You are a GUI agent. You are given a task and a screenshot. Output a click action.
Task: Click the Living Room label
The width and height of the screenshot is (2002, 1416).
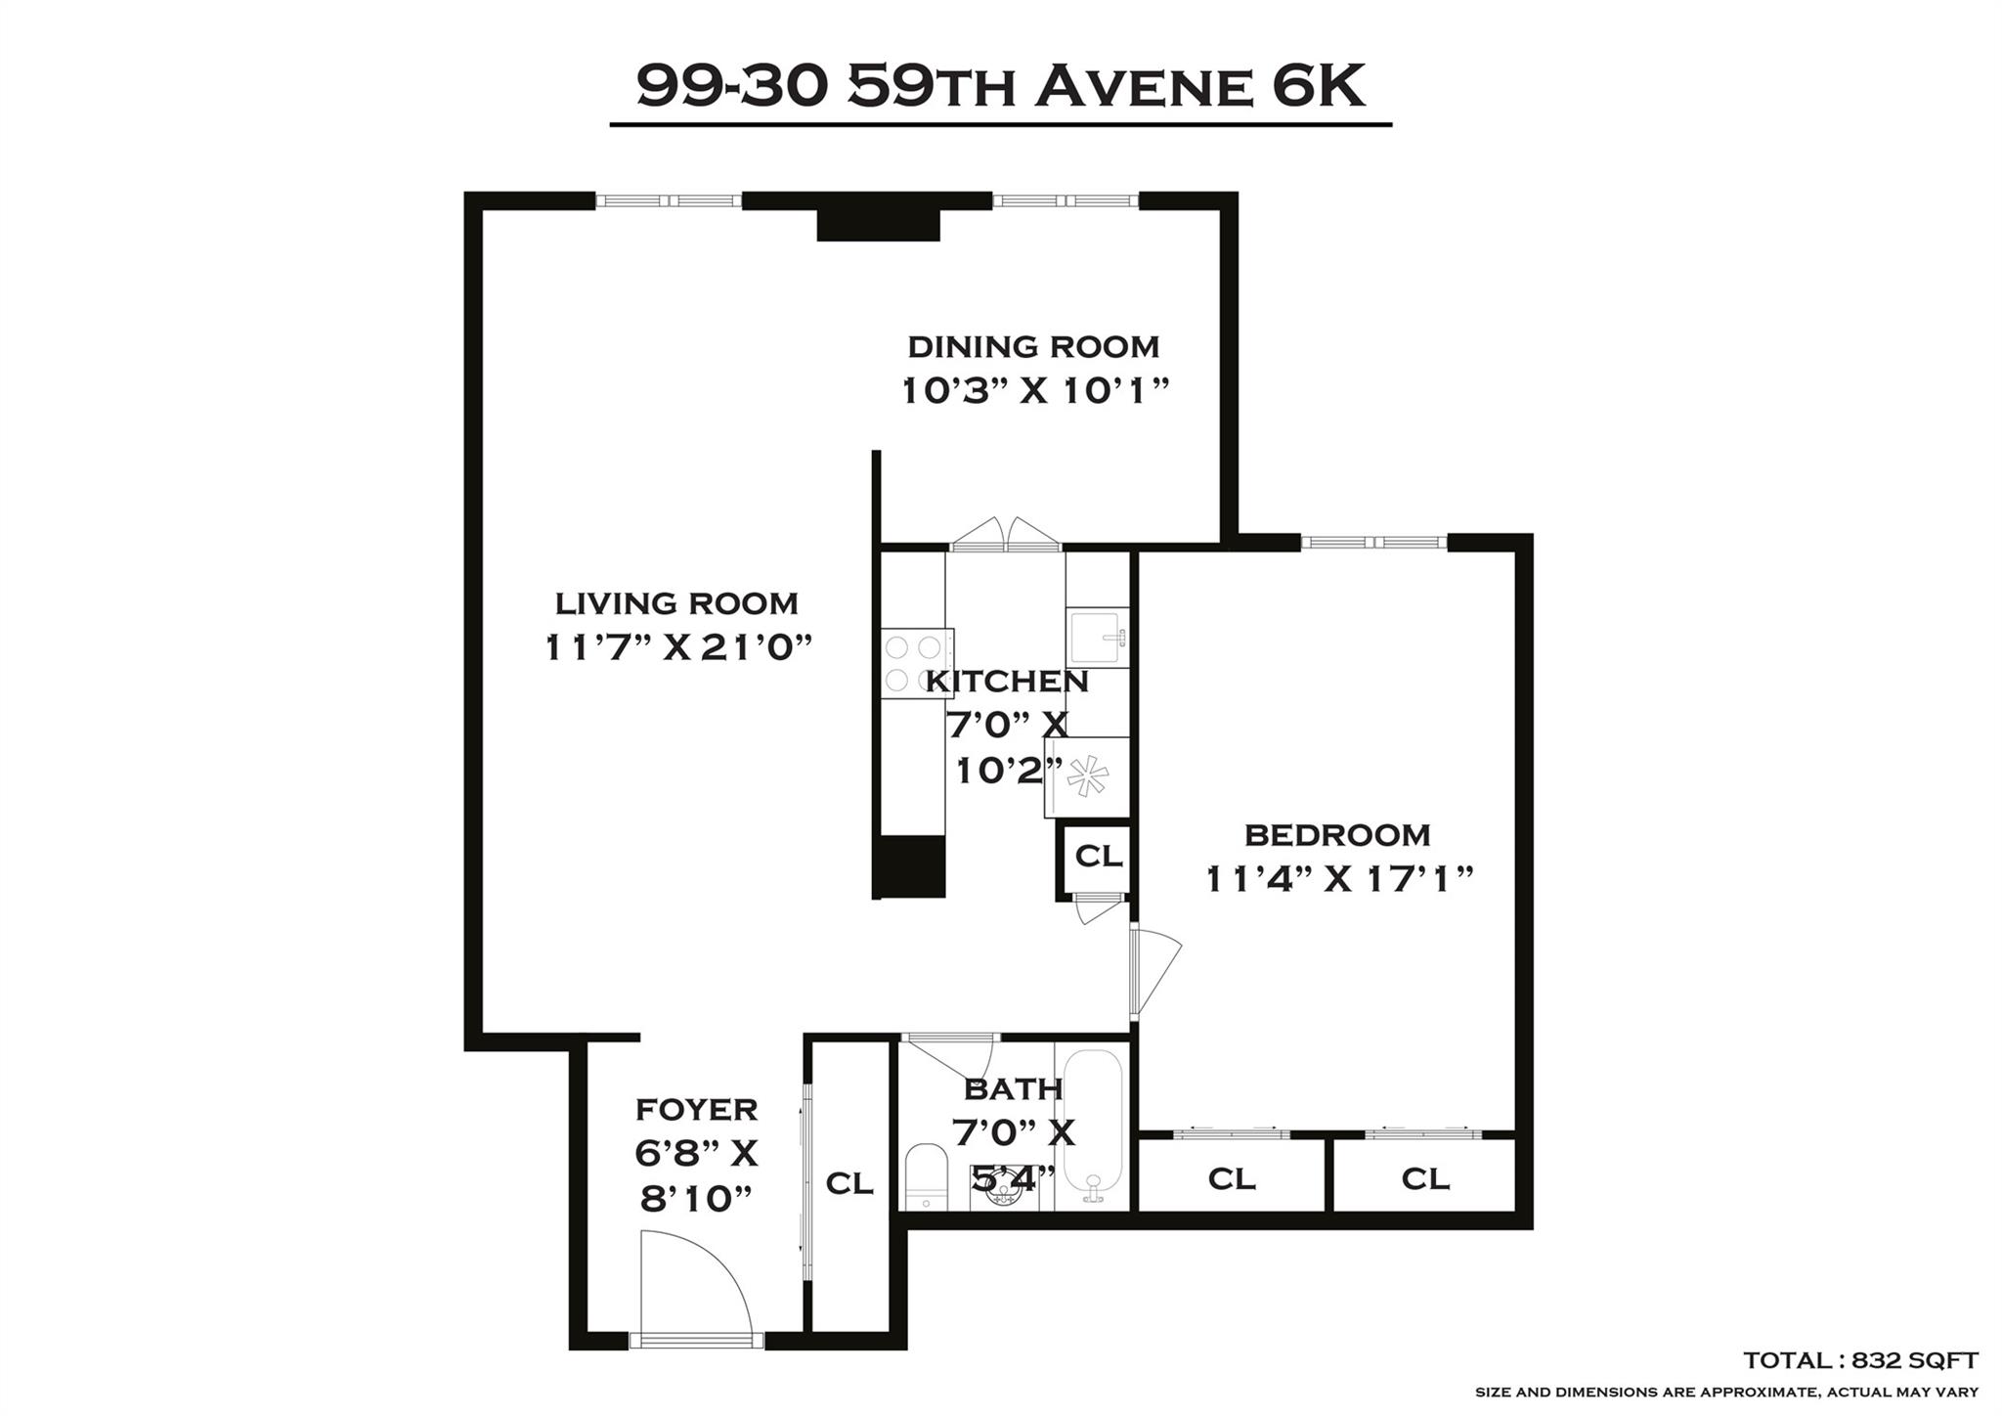point(676,603)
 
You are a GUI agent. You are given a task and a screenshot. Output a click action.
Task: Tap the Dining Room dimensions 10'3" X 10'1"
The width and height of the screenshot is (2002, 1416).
point(1034,391)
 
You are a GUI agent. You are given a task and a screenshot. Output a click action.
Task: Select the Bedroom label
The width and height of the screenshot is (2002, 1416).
point(1336,835)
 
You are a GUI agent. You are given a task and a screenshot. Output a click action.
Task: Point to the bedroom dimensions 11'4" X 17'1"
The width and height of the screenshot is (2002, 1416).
point(1338,879)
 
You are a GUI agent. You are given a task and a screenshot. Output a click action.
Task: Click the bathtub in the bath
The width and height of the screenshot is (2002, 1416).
point(1091,1125)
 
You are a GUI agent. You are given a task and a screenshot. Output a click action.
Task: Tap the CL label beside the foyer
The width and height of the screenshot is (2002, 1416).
point(849,1183)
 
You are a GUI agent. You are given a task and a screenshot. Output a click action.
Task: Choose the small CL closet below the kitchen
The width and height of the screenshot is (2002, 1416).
point(1098,857)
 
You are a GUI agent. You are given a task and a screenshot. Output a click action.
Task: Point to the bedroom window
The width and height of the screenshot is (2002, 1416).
point(1373,543)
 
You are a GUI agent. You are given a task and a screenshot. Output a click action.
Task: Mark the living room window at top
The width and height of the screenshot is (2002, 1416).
point(669,201)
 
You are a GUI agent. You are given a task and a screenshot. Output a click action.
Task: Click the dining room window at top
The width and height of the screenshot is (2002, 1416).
point(1066,201)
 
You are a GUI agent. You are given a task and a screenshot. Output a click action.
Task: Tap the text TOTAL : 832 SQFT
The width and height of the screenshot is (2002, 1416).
point(1860,1360)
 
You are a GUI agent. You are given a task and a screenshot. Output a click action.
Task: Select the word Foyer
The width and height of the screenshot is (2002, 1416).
point(696,1110)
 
